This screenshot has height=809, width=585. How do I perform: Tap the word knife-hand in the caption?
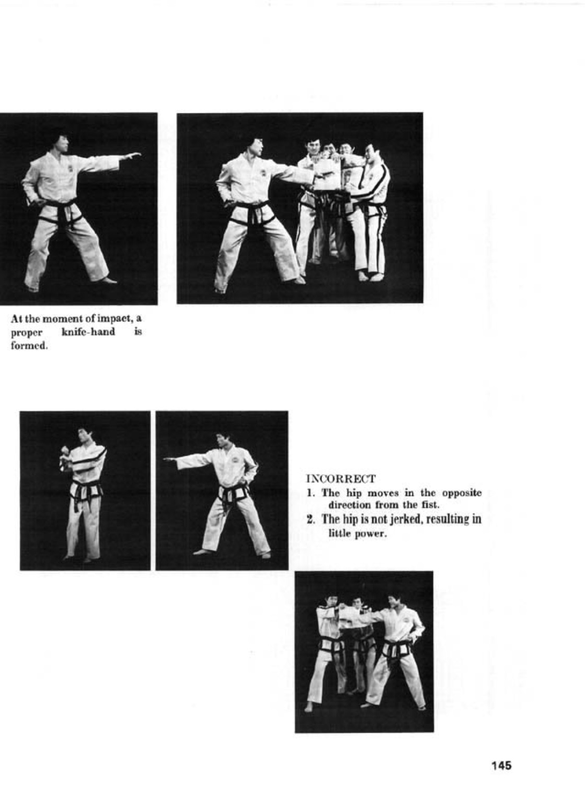click(88, 332)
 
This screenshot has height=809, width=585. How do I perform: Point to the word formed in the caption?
click(28, 345)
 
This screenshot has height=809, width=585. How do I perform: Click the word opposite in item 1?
click(462, 493)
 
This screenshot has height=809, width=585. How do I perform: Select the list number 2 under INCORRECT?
click(309, 519)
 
